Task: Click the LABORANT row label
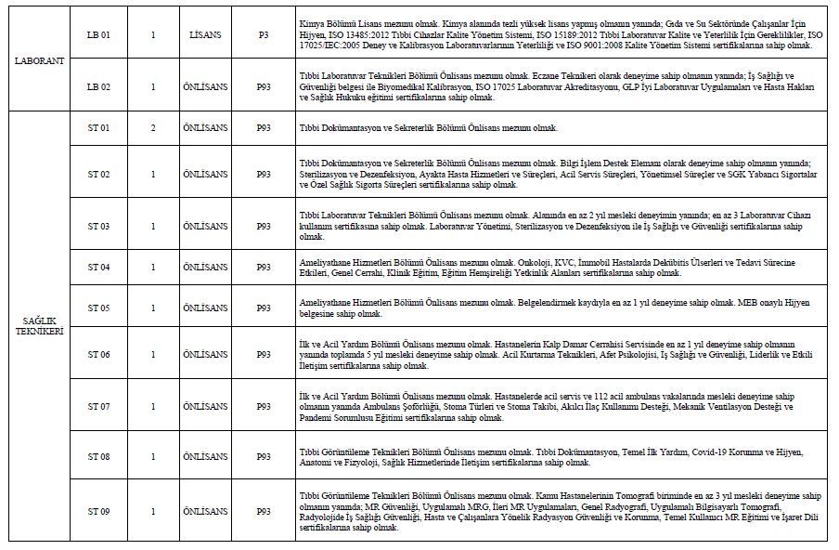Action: click(38, 59)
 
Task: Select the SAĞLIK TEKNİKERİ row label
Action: click(38, 324)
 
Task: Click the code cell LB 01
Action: click(98, 34)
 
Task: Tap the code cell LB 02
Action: click(98, 86)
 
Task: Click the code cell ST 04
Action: click(98, 268)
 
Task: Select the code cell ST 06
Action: click(98, 354)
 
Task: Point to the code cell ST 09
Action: click(98, 511)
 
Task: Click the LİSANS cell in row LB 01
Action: click(203, 34)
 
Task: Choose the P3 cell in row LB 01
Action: click(264, 34)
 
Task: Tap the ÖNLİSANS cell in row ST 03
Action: click(203, 226)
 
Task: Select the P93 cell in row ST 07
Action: click(264, 407)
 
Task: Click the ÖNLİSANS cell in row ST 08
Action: click(203, 456)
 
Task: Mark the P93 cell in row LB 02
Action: click(264, 86)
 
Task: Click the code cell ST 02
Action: click(98, 174)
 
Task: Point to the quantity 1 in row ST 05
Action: click(152, 307)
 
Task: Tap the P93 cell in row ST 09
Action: click(264, 511)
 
